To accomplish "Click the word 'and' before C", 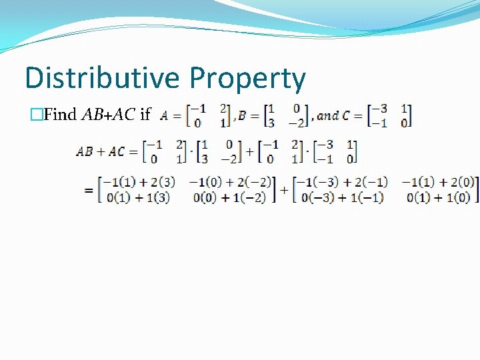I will [x=327, y=115].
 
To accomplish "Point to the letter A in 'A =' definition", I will [x=164, y=115].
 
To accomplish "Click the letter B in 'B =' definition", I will [x=242, y=115].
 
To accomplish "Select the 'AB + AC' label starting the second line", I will [x=101, y=151].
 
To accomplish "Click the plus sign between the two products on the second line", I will [x=249, y=151].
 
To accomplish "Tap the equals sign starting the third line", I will [x=88, y=191].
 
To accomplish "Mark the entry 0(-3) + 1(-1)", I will [x=342, y=197].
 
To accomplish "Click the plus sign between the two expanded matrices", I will [x=284, y=190].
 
